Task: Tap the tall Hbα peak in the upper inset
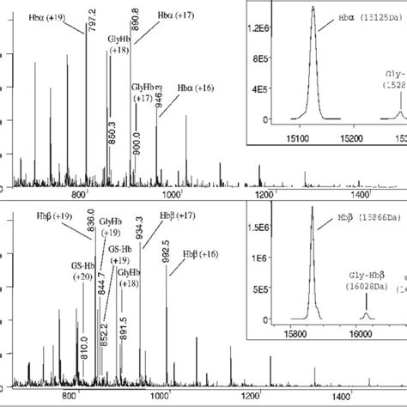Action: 313,60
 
